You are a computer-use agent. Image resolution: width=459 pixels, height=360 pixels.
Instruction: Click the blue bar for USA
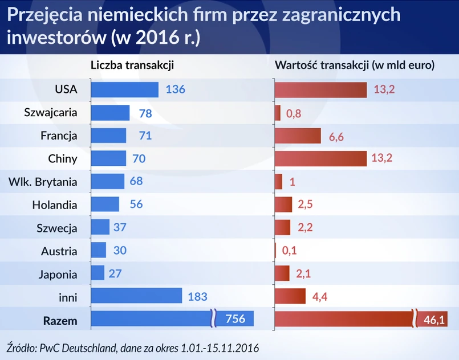pyautogui.click(x=124, y=89)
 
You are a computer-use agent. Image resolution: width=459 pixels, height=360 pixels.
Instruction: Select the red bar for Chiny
pyautogui.click(x=320, y=158)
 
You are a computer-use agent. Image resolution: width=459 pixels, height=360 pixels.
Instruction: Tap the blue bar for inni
pyautogui.click(x=136, y=296)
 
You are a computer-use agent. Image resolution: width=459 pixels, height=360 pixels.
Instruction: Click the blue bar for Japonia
pyautogui.click(x=98, y=273)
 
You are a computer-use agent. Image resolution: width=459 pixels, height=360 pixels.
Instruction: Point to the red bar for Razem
pyautogui.click(x=345, y=320)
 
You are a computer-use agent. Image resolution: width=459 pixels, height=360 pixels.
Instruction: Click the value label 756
pyautogui.click(x=235, y=319)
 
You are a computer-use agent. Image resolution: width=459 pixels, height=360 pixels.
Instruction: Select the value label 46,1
pyautogui.click(x=434, y=320)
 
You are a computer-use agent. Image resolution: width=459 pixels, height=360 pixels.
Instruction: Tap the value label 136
pyautogui.click(x=176, y=89)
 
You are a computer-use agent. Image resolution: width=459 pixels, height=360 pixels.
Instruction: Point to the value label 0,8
pyautogui.click(x=293, y=113)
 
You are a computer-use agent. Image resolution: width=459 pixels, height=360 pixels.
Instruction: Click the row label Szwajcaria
pyautogui.click(x=51, y=112)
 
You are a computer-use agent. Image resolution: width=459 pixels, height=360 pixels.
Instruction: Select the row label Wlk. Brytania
pyautogui.click(x=43, y=182)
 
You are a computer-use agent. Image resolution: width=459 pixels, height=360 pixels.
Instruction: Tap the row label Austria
pyautogui.click(x=59, y=251)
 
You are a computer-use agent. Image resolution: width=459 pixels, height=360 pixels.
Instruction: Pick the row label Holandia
pyautogui.click(x=54, y=204)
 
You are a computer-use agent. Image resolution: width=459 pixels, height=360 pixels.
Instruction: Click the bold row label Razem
pyautogui.click(x=60, y=320)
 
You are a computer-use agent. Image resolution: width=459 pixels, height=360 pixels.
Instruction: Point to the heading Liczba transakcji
pyautogui.click(x=132, y=66)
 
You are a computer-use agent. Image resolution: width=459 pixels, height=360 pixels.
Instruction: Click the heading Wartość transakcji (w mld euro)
pyautogui.click(x=355, y=66)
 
